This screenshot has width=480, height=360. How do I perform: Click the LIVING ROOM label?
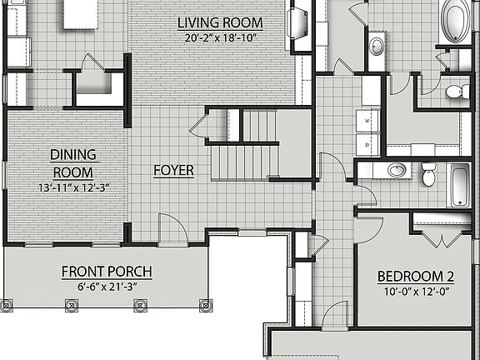point(220,23)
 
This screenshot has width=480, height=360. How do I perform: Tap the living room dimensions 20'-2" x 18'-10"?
point(220,38)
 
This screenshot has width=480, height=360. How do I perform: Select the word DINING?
point(73,155)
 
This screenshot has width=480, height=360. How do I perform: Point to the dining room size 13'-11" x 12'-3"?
point(74,187)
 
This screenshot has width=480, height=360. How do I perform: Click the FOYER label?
point(173,171)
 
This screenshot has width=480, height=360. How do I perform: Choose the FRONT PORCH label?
point(107,272)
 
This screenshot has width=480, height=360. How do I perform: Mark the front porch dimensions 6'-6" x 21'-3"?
point(107,287)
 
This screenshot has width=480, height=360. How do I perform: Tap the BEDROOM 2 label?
point(416,277)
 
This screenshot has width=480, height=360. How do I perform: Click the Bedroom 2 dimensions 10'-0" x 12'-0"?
point(417,292)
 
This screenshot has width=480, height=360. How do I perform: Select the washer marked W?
point(367,121)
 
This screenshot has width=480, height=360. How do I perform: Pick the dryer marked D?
point(367,145)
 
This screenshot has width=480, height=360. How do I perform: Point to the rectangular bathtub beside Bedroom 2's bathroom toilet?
point(459,185)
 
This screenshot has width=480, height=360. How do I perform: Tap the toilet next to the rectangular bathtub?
point(428,174)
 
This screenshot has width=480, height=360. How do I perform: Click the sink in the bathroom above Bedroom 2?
point(397,170)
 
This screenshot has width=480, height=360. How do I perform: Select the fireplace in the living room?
point(297,23)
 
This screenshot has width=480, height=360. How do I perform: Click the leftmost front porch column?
point(7,305)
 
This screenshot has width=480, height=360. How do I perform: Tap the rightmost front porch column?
point(206,305)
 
